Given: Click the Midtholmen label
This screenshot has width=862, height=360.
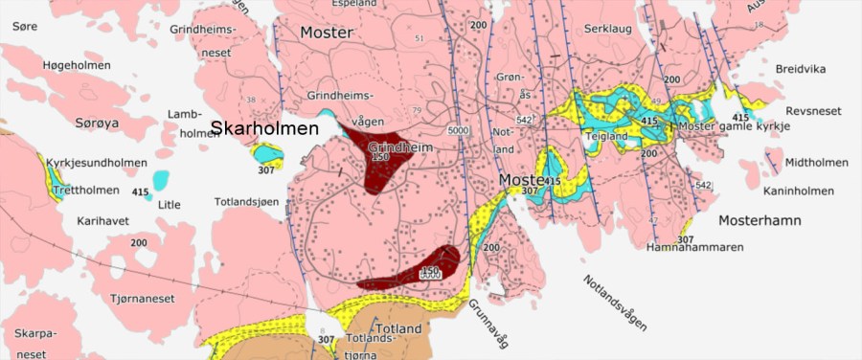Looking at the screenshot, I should tap(816, 163).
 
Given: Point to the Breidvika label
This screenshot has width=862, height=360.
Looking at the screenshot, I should tap(801, 69).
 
